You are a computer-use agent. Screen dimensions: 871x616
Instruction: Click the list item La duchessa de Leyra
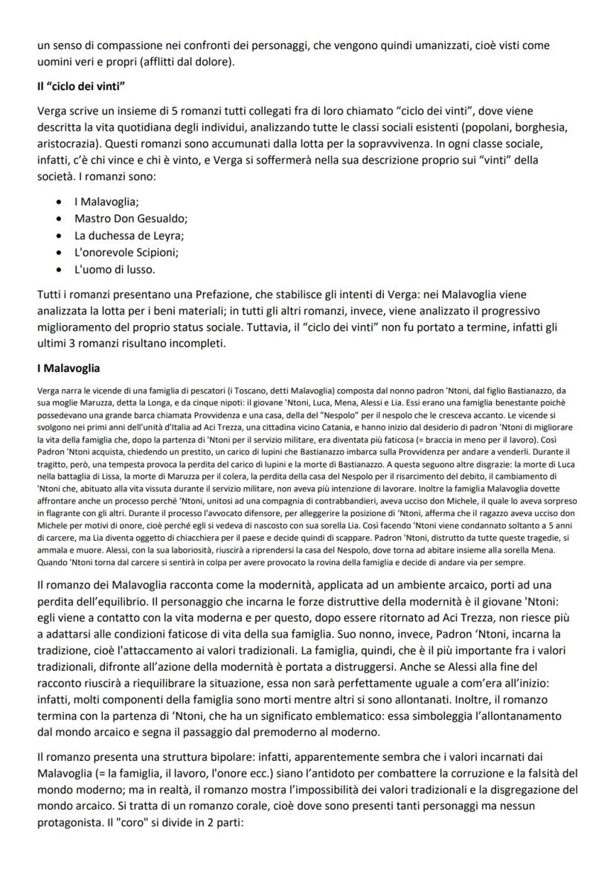click(129, 235)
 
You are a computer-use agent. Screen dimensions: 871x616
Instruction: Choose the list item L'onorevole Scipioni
click(126, 252)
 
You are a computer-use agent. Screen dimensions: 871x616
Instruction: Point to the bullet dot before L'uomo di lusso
click(59, 269)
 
